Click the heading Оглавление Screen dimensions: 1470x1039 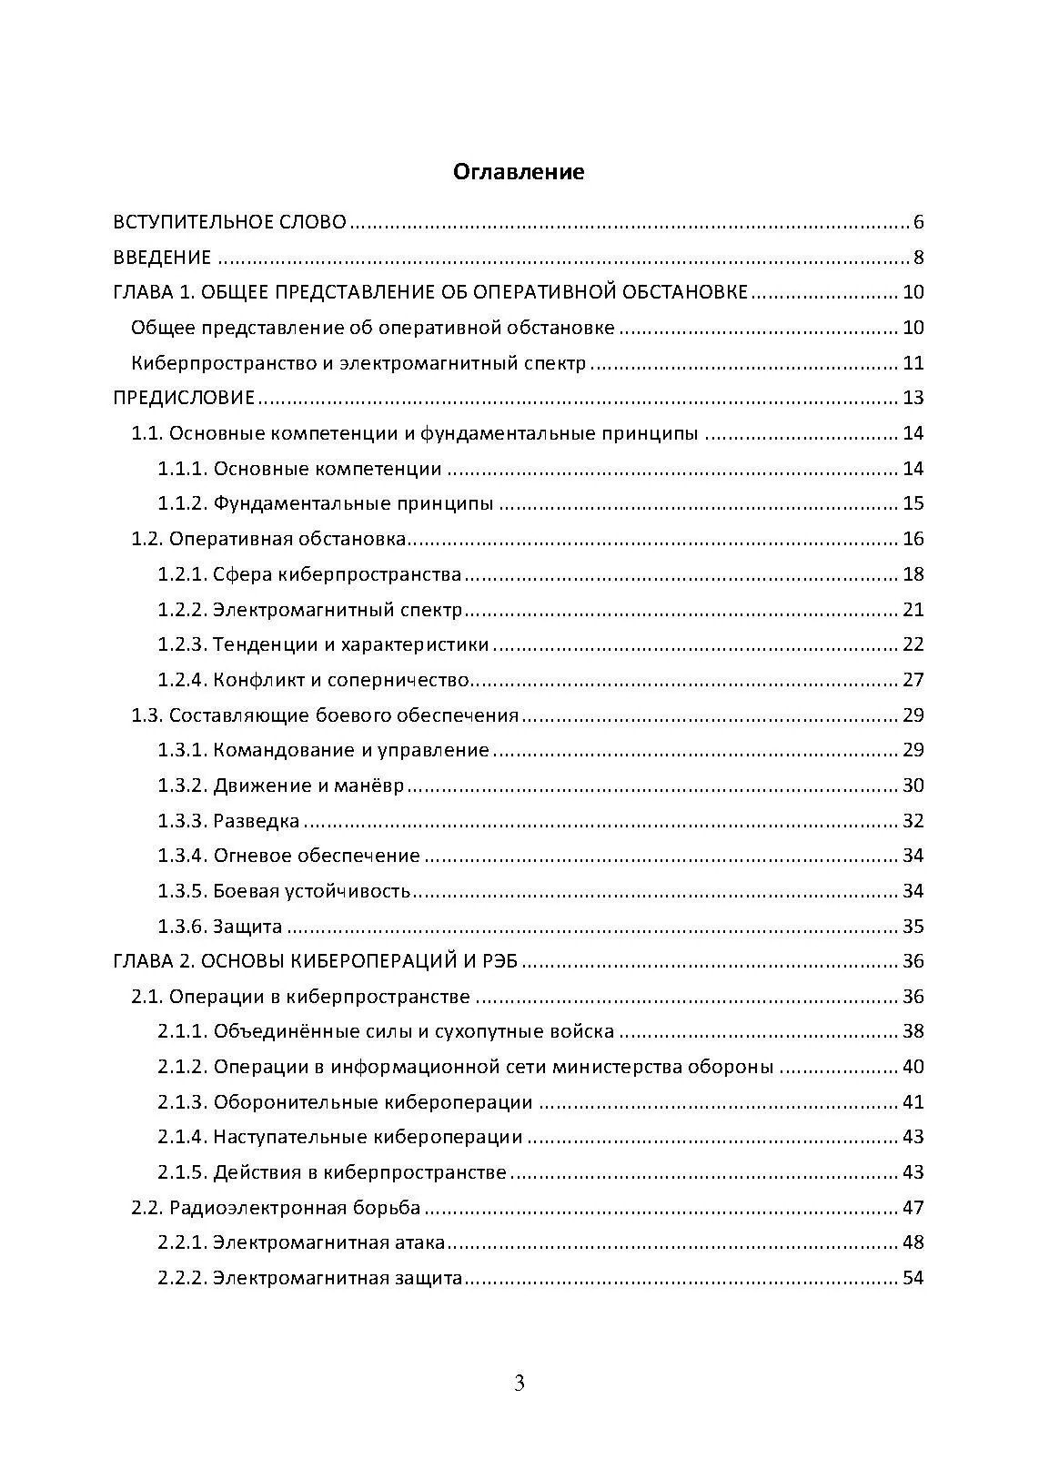click(519, 171)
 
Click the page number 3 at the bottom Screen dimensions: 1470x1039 click(519, 1384)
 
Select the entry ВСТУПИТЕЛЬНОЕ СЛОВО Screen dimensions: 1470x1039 click(229, 222)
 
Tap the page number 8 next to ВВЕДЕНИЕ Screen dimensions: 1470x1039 click(919, 258)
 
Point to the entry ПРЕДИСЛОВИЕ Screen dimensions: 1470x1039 click(184, 398)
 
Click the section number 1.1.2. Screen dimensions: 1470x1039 click(183, 503)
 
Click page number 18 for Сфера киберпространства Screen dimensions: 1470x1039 click(913, 574)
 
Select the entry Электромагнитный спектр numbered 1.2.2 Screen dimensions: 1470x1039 click(338, 610)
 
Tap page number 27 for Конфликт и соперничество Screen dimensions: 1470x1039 click(913, 680)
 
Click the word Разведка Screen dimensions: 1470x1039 click(256, 821)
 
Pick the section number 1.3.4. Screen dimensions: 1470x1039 click(183, 856)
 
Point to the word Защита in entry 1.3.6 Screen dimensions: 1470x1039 click(247, 927)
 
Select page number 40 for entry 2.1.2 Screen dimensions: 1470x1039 click(913, 1067)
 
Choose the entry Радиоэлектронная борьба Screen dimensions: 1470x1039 click(295, 1208)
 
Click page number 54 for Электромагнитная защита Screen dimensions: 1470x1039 click(913, 1278)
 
